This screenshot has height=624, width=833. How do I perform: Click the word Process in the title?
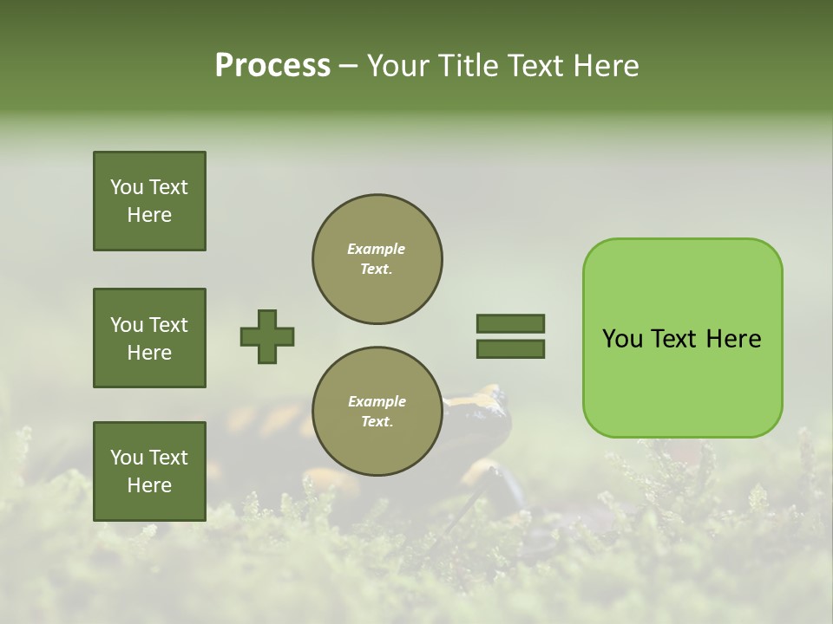pos(272,66)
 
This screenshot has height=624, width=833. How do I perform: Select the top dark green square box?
pos(149,201)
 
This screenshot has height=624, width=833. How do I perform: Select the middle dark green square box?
pos(149,338)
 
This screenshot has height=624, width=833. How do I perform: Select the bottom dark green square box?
pos(149,471)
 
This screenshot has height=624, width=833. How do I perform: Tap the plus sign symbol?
pos(267,336)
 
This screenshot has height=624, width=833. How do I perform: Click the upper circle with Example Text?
pos(377,259)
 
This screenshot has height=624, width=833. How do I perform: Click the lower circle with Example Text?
pos(377,412)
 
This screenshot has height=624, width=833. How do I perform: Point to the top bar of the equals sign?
pos(510,323)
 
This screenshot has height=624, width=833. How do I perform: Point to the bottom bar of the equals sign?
pos(510,348)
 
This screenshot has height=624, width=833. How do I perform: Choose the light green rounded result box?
pos(682,338)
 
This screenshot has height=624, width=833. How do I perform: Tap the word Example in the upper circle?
pos(377,249)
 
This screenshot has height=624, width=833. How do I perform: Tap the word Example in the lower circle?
pos(377,401)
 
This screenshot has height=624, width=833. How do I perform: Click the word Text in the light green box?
pos(674,339)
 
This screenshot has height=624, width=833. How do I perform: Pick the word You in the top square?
pos(126,187)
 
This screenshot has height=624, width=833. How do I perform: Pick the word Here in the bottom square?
pos(149,485)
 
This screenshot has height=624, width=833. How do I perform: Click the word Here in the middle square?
pos(149,353)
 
